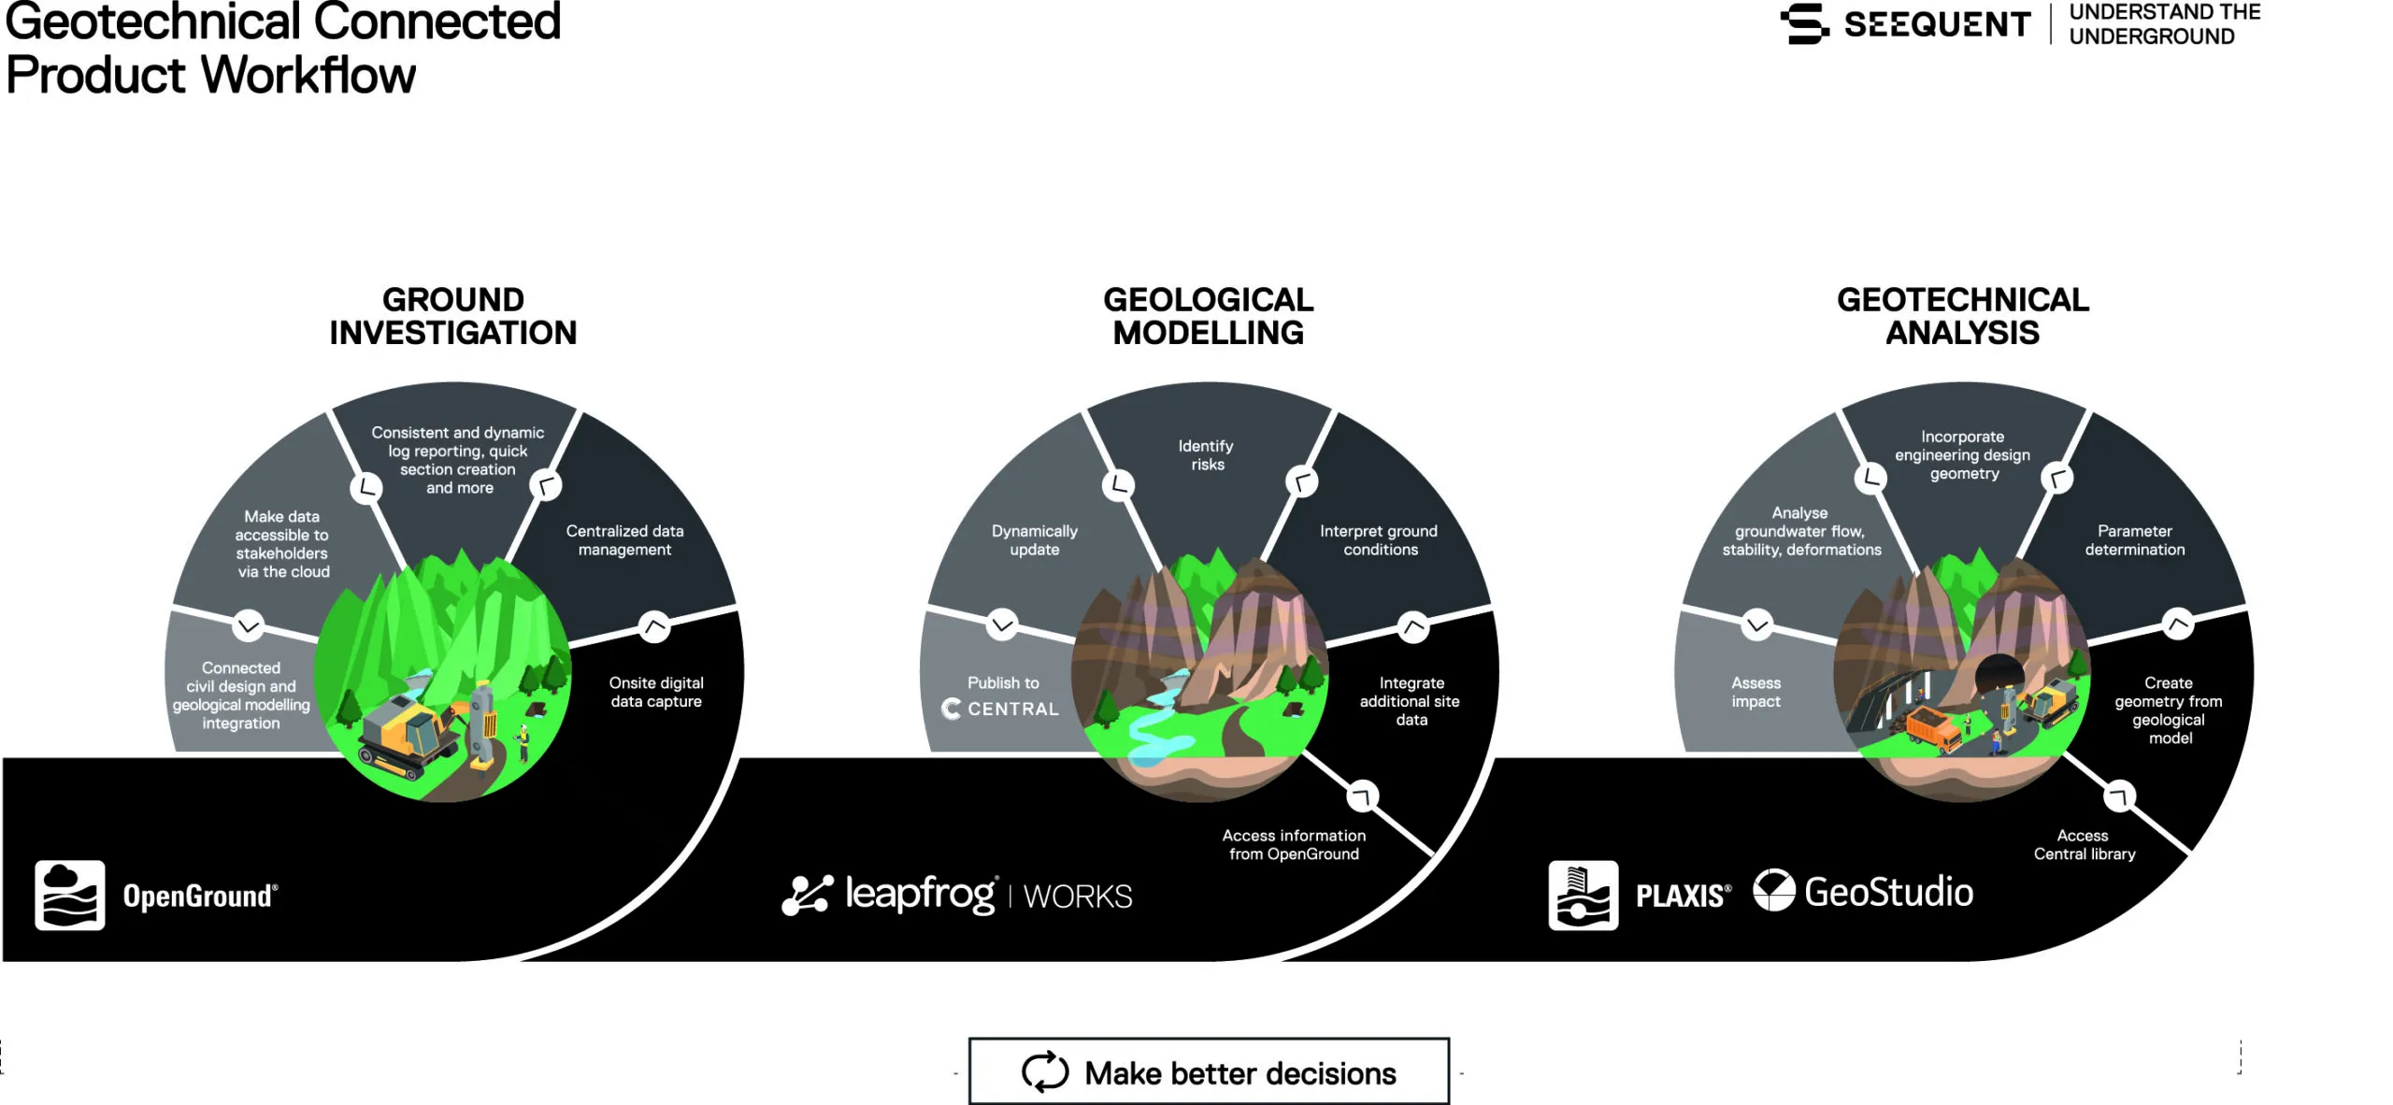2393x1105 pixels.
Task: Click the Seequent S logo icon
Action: [x=1805, y=23]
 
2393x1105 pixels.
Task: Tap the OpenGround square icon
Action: [x=70, y=895]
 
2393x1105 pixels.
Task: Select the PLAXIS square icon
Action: [x=1583, y=895]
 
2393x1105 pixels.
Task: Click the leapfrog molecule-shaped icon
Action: [x=807, y=895]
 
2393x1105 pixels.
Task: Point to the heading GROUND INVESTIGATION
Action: [x=453, y=316]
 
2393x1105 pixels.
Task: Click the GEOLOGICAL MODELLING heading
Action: [x=1208, y=316]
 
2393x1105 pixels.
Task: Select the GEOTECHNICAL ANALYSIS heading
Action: [x=1962, y=316]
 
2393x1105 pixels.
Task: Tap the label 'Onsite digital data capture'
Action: [x=656, y=692]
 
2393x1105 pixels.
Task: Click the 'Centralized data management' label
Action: [x=624, y=540]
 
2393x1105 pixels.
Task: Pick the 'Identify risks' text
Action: [x=1207, y=455]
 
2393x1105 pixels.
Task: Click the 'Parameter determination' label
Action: [x=2134, y=540]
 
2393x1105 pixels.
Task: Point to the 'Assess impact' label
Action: [x=1755, y=692]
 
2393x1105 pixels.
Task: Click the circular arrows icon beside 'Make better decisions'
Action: [x=1044, y=1071]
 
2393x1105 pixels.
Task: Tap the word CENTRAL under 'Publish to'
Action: [x=1013, y=710]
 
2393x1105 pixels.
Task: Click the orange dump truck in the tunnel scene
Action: [x=1932, y=729]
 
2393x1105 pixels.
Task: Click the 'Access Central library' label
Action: [x=2084, y=844]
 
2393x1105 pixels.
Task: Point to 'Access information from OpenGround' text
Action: [x=1294, y=844]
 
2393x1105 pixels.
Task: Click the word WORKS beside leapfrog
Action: [x=1078, y=897]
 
